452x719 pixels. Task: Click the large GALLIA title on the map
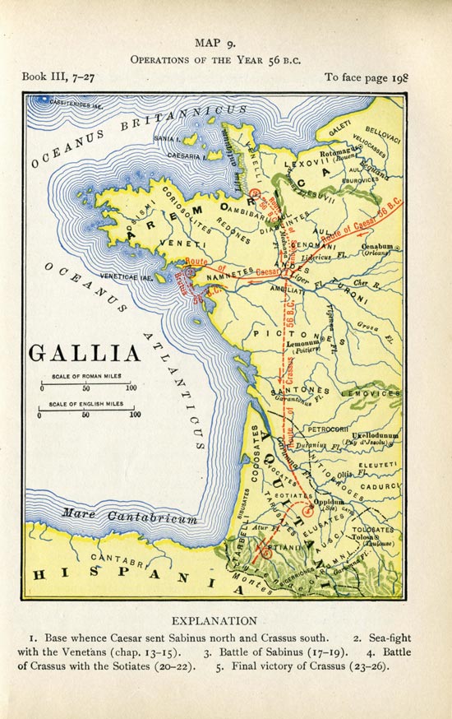tap(85, 354)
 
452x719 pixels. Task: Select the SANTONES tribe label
tap(300, 392)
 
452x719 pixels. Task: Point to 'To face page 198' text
tap(367, 77)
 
